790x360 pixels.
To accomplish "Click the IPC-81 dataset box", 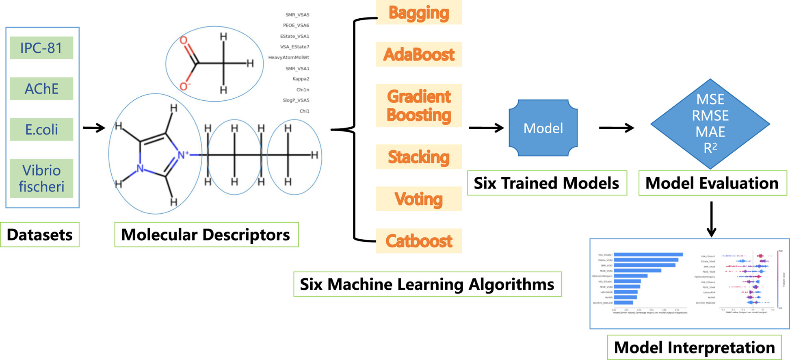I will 41,48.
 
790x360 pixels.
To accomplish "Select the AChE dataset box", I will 41,89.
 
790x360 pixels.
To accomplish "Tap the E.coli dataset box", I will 41,129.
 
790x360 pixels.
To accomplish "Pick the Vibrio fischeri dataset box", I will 41,178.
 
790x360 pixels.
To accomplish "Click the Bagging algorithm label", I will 419,13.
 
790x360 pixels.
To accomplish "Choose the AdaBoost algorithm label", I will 419,54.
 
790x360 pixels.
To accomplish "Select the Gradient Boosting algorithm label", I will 419,106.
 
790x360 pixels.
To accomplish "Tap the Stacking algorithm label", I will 419,157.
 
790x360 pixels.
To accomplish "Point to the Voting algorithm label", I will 419,199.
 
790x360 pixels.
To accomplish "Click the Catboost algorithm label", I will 419,241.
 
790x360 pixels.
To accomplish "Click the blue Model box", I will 543,128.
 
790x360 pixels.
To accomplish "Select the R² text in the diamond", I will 710,148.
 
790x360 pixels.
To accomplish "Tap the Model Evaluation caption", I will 712,183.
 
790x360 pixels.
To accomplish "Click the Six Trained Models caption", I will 547,183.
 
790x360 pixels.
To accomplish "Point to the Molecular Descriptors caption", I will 206,234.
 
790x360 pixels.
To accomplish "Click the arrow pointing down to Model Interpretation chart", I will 711,219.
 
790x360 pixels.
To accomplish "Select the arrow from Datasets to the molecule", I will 94,128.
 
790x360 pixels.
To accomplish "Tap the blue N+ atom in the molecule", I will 182,155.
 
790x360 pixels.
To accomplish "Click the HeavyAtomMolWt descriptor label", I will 288,58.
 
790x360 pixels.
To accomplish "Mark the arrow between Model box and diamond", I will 616,128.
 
